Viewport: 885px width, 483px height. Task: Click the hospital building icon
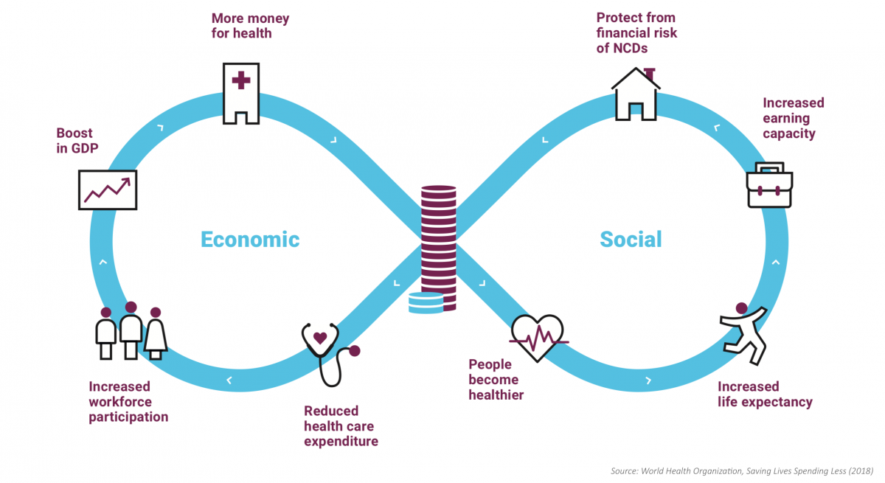[x=241, y=93]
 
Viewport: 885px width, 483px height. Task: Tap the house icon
[x=635, y=94]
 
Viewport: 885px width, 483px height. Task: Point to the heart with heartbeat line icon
[x=538, y=338]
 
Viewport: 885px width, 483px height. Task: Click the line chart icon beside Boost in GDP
[x=108, y=190]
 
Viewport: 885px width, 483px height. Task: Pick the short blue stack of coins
[x=426, y=303]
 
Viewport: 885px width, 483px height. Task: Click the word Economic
[x=250, y=240]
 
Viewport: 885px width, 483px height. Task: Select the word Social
[x=631, y=240]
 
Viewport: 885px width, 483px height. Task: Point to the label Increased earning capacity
[x=793, y=118]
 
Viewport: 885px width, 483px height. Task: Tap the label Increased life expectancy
[x=765, y=395]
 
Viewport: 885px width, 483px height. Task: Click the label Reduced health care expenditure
[x=341, y=426]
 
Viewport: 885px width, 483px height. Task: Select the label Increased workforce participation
[x=128, y=402]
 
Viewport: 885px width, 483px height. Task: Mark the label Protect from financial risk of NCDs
[x=636, y=33]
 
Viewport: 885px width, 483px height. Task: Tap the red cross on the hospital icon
[x=241, y=79]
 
